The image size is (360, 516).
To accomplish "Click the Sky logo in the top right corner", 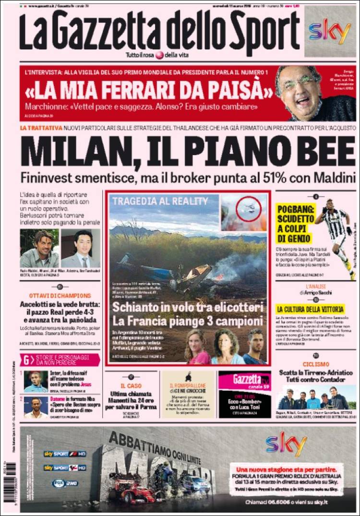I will point(330,32).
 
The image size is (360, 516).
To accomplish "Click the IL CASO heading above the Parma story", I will point(131,385).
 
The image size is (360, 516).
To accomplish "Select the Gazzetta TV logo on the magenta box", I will point(243,380).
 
